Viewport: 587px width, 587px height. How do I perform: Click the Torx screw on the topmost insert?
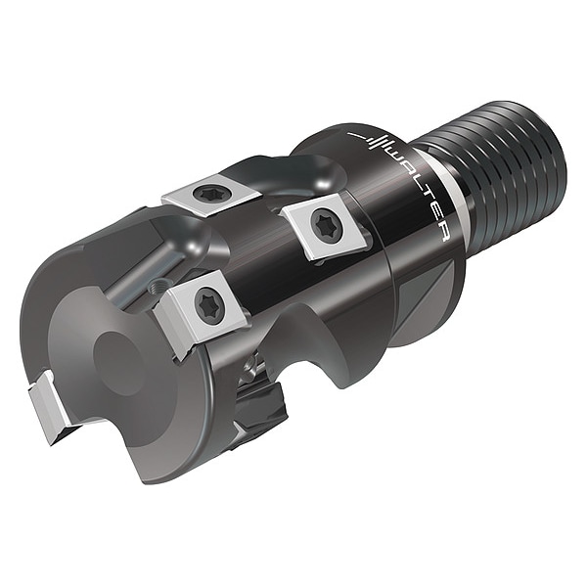206,193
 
